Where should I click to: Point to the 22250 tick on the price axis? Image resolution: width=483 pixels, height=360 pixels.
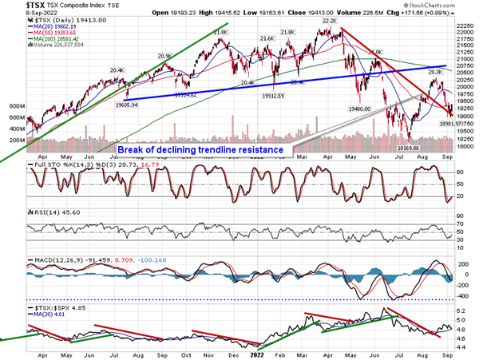click(461, 26)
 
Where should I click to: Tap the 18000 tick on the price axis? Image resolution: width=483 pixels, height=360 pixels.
click(461, 148)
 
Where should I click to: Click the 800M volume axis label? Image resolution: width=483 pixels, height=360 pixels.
click(14, 105)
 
